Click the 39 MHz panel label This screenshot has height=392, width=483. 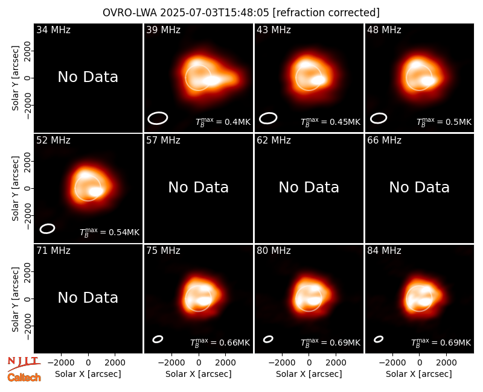pos(163,30)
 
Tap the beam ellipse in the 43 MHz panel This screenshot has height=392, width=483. pos(268,118)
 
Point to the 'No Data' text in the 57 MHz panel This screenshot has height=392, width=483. pos(199,188)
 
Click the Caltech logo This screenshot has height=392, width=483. pos(24,378)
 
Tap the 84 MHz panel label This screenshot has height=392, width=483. pos(384,251)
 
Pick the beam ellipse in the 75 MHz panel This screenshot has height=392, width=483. pos(158,339)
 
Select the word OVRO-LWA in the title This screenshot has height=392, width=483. pos(130,13)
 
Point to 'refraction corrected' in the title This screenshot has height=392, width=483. pos(326,13)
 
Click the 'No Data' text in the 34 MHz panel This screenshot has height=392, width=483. pos(88,77)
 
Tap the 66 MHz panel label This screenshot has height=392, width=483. pos(384,141)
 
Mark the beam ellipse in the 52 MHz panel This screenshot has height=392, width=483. pos(47,229)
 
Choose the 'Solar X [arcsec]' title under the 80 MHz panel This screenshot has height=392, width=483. pos(309,374)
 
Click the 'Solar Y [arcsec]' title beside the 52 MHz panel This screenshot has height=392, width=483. pos(16,188)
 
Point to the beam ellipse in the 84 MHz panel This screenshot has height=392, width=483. pos(379,339)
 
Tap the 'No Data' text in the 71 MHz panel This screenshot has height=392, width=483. pos(88,298)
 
